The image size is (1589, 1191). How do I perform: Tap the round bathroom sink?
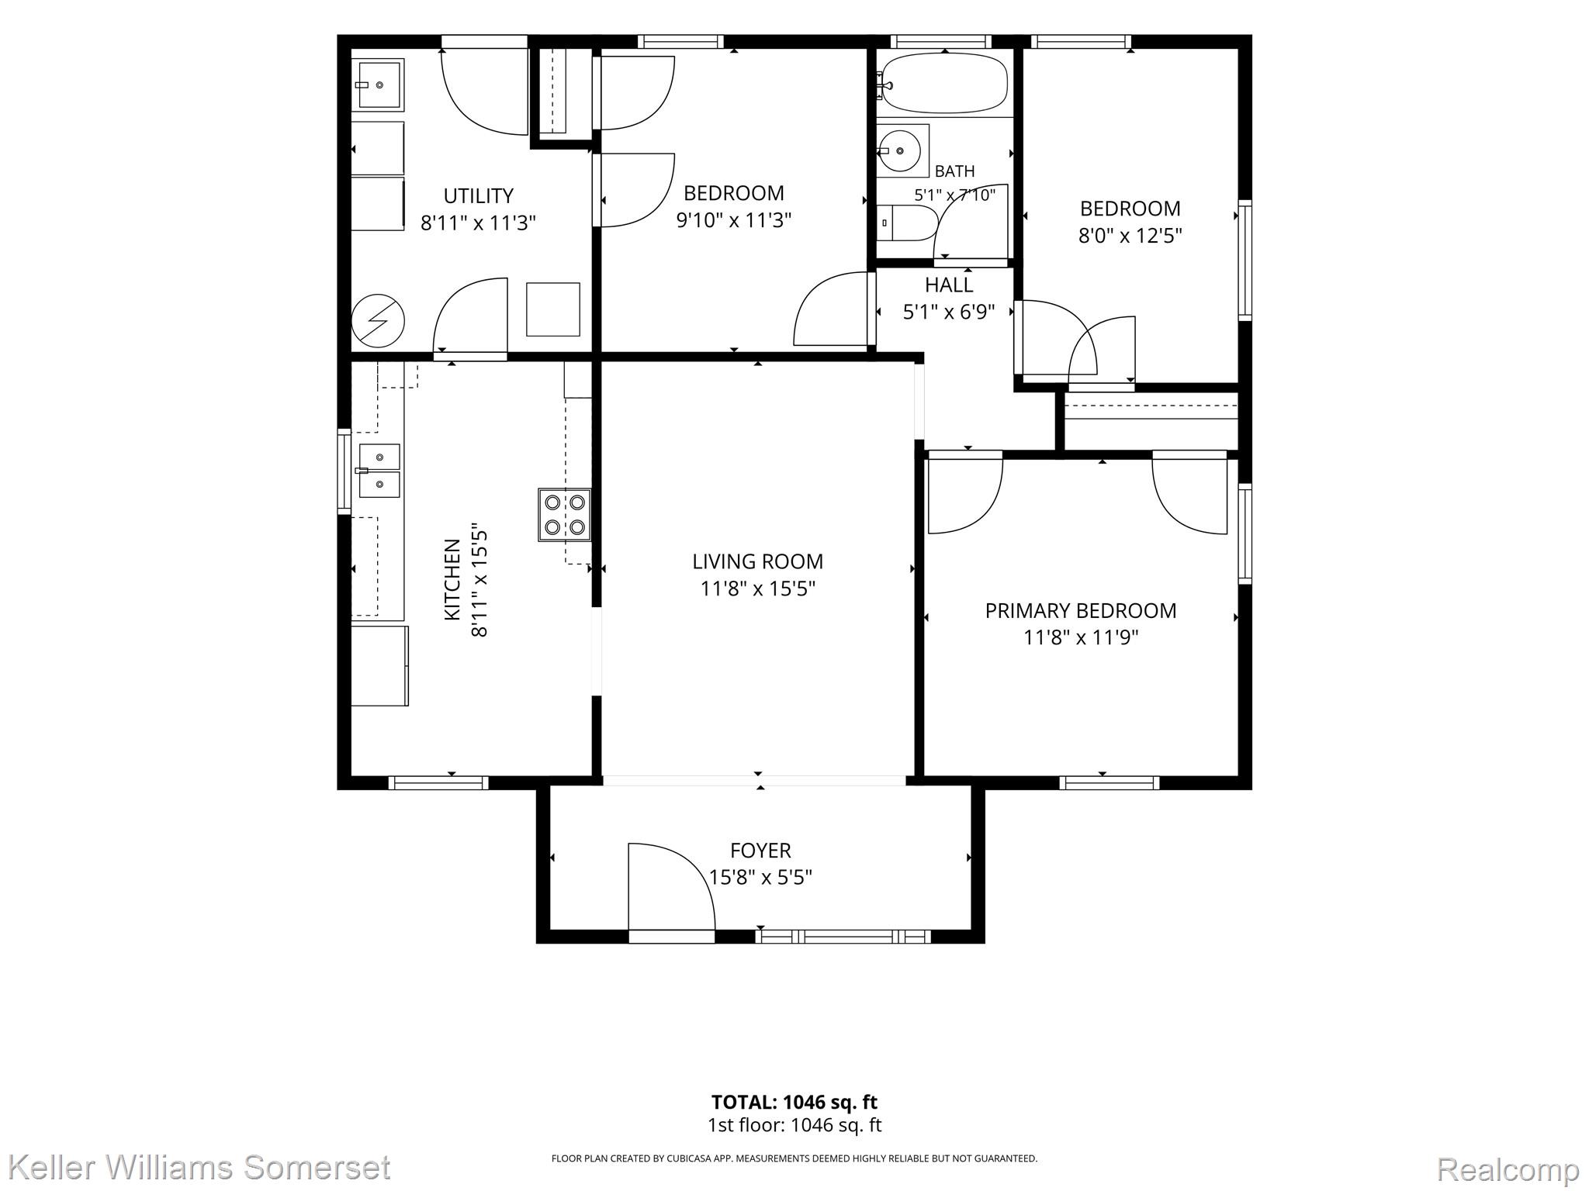901,150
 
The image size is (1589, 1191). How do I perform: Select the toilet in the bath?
906,223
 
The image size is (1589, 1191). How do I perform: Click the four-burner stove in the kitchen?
564,515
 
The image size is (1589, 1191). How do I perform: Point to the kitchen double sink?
379,470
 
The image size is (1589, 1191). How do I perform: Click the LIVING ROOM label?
758,561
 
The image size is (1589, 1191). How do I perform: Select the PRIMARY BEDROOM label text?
1081,611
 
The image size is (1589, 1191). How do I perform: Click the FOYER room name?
760,851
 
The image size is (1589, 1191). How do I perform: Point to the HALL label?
949,285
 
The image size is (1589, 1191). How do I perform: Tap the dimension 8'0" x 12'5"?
1130,236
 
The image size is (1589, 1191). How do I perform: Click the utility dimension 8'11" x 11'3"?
478,223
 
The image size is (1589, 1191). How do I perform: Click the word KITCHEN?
452,580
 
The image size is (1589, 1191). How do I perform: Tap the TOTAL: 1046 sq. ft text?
794,1102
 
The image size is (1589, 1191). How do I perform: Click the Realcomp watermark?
1508,1168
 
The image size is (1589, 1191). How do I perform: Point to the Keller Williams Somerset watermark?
201,1167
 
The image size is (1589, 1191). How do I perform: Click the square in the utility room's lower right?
553,309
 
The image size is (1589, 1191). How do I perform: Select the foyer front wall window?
843,937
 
